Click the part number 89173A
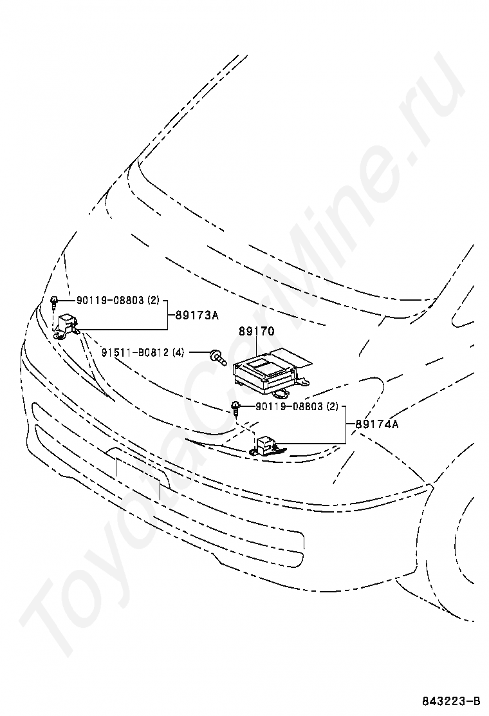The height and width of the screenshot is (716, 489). (197, 316)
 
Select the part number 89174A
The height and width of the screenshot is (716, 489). (376, 424)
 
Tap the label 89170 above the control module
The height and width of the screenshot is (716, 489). (257, 332)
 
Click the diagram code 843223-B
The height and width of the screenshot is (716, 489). (451, 701)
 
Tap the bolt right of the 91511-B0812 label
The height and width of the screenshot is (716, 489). (217, 355)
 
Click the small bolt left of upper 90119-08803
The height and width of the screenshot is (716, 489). (56, 300)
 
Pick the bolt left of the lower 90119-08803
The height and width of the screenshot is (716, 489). (236, 407)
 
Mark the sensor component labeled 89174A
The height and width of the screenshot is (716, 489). (265, 445)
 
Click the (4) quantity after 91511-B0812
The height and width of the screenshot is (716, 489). (178, 352)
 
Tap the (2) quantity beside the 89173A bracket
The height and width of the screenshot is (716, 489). (152, 300)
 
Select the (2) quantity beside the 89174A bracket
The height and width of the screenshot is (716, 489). (331, 406)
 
